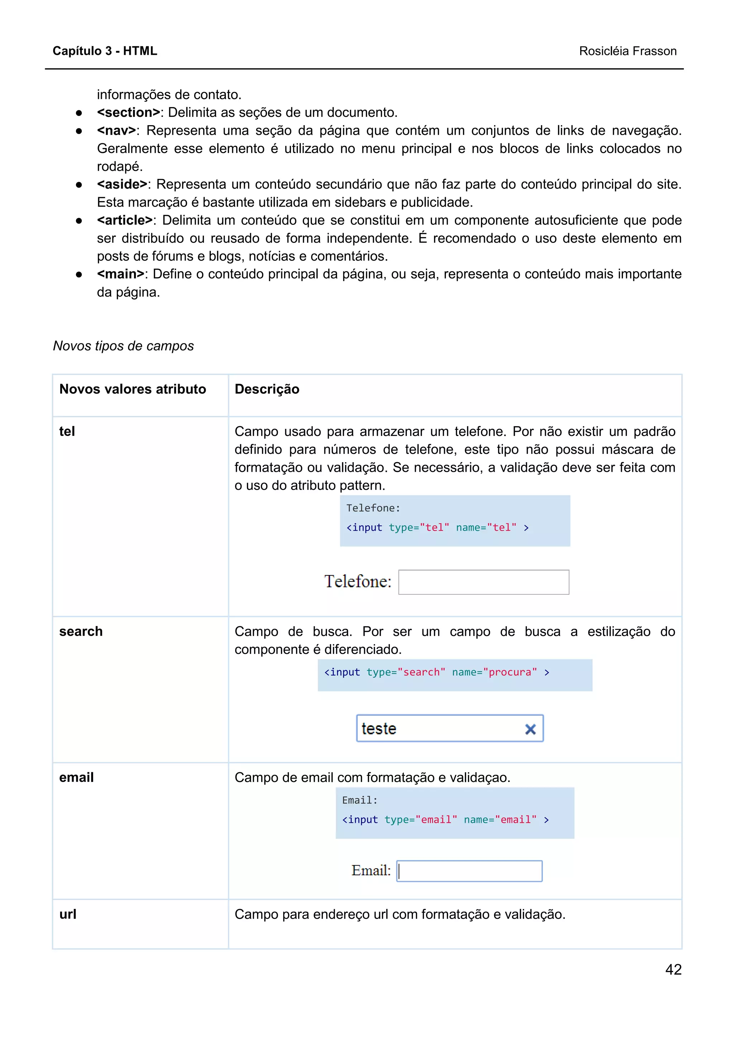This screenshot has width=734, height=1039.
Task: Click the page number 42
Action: tap(673, 969)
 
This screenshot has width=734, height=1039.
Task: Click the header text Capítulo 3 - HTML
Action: tap(105, 51)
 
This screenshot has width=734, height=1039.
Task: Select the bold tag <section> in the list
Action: tap(128, 112)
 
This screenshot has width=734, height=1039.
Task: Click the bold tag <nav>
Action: tap(116, 131)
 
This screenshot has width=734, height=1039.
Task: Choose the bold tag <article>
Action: tap(125, 220)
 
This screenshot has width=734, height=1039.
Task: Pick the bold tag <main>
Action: tap(120, 274)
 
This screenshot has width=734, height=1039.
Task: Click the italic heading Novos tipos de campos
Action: tap(123, 346)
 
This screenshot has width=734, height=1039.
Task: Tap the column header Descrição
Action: tap(267, 389)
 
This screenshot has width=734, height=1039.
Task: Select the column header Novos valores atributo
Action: tap(133, 389)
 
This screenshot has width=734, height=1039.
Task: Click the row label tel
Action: tap(67, 431)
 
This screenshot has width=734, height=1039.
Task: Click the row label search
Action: tap(81, 631)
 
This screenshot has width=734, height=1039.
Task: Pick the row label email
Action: tap(76, 777)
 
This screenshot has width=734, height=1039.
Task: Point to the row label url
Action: tap(68, 914)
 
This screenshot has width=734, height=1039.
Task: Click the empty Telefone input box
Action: tap(483, 582)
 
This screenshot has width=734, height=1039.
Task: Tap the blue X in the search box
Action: tap(530, 729)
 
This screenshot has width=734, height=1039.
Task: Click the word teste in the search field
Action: tap(379, 729)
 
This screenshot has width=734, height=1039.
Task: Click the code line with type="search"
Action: tap(437, 672)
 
